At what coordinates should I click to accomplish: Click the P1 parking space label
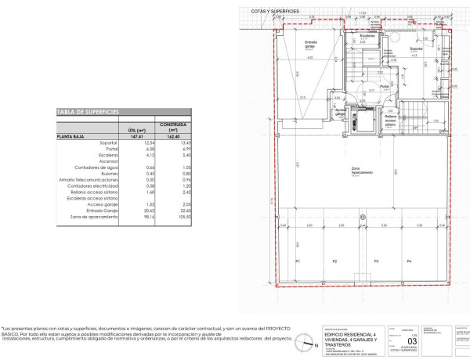[x=298, y=261]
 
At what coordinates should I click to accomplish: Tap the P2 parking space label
[x=334, y=261]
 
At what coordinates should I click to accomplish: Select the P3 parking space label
[x=376, y=261]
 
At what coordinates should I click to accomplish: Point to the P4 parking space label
[x=409, y=261]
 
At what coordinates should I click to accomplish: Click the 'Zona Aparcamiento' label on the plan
[x=362, y=172]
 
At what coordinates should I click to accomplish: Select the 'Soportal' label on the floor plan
[x=416, y=49]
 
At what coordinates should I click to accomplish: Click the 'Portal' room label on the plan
[x=385, y=86]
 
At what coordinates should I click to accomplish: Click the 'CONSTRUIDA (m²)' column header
[x=172, y=127]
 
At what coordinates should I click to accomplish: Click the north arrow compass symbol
[x=305, y=341]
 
